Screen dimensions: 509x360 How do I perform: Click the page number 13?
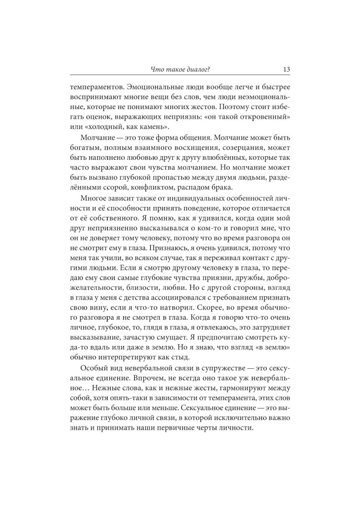pos(286,69)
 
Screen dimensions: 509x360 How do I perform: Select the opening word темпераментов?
pos(93,87)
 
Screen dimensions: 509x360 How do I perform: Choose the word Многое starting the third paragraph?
pos(93,198)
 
